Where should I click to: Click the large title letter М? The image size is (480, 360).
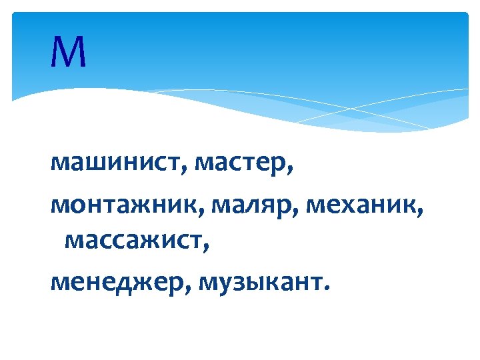[68, 53]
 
